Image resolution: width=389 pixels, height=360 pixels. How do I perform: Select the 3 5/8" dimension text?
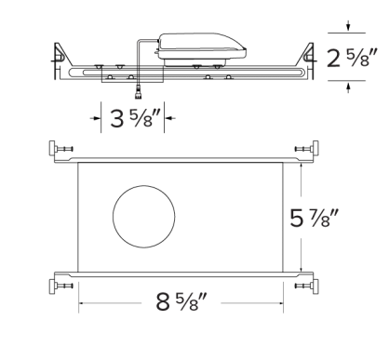tap(132, 119)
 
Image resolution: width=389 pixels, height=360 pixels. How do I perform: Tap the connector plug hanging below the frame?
tap(139, 90)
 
